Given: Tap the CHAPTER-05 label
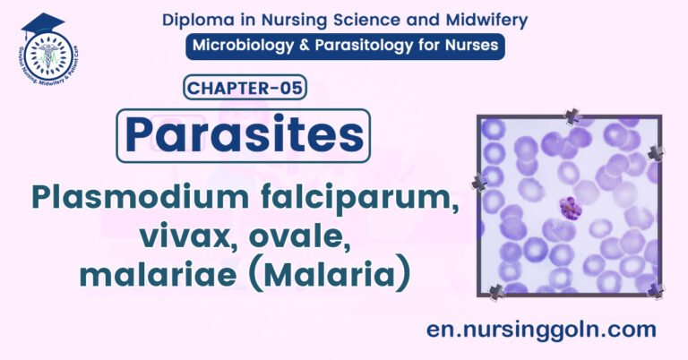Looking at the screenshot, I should [246, 88].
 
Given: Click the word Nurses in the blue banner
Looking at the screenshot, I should [469, 46].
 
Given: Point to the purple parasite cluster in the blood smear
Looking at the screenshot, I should [568, 208].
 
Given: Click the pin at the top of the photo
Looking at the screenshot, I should [572, 116].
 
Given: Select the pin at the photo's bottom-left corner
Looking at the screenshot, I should [495, 290].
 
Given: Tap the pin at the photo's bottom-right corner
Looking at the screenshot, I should [656, 289].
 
